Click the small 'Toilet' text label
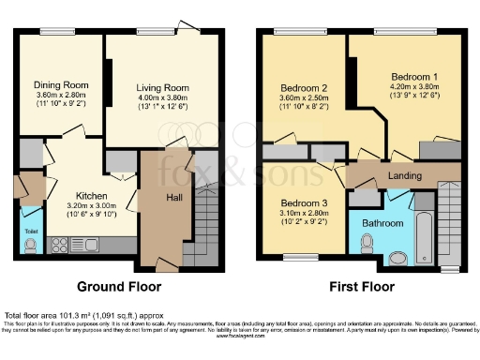click(29, 228)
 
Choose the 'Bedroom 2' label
click(304, 91)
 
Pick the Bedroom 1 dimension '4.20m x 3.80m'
click(414, 85)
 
